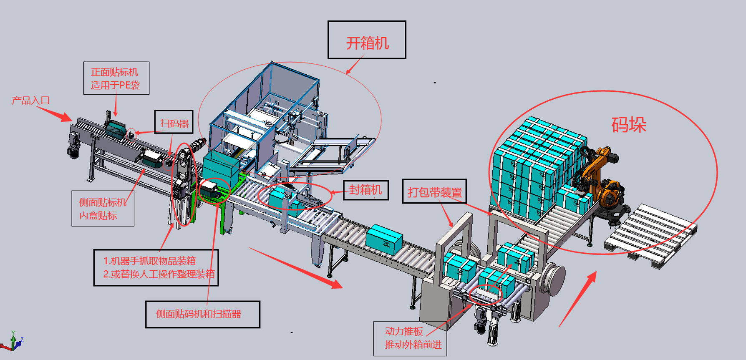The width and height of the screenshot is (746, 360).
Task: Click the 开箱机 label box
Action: [x=366, y=40]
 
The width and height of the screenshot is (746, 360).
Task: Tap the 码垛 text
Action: [x=629, y=124]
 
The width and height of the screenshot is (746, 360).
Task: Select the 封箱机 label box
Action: [x=365, y=190]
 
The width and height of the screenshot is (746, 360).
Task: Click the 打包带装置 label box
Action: [x=434, y=192]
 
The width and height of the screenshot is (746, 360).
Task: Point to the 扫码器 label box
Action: [x=174, y=122]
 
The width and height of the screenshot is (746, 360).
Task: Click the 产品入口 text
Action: [x=30, y=101]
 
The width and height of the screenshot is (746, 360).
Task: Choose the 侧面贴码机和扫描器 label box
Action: [x=202, y=314]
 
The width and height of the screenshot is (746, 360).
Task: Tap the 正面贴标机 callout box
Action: [x=116, y=78]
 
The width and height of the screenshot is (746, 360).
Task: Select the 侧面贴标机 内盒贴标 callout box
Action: [x=103, y=209]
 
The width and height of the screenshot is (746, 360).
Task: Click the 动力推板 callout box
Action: [x=410, y=338]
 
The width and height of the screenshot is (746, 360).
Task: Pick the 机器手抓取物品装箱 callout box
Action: [x=156, y=267]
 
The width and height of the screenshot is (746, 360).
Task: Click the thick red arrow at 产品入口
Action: [x=55, y=113]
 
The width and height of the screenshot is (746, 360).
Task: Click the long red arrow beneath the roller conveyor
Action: [x=296, y=267]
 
